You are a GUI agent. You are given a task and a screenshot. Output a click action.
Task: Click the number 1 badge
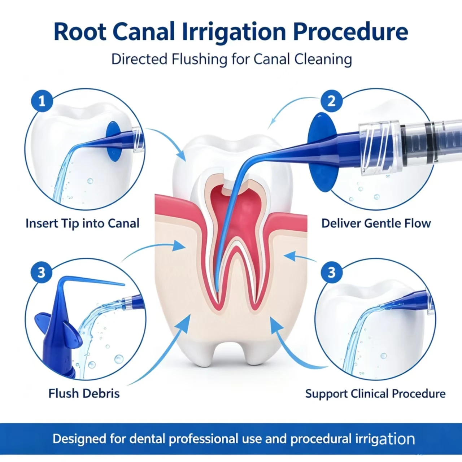42,101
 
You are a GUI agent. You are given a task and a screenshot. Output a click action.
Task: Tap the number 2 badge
332,101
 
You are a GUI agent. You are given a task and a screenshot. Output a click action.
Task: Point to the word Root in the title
80,32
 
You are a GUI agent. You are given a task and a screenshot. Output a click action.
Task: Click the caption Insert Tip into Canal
83,223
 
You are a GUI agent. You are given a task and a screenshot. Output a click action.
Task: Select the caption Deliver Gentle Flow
376,223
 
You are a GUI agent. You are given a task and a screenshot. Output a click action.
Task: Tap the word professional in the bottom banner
204,439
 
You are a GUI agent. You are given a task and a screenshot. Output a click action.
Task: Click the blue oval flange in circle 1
113,141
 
